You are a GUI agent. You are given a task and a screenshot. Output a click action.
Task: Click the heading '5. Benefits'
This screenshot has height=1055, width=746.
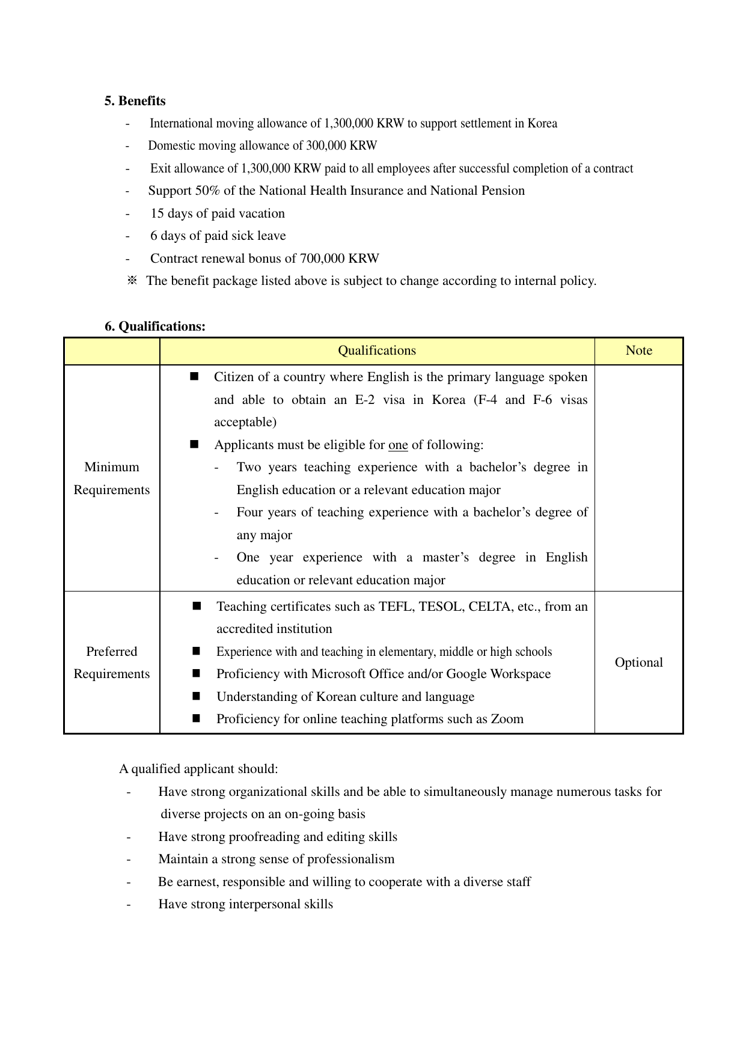tap(135, 101)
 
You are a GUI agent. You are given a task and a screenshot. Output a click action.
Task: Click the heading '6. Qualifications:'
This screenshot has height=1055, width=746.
tap(154, 326)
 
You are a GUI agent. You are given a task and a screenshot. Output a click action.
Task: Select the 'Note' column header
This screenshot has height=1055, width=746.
tap(638, 351)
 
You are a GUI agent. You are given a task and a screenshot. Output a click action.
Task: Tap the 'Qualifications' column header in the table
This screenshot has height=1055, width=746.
tap(377, 351)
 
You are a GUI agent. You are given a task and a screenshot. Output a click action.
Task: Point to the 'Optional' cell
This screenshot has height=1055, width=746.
tap(638, 662)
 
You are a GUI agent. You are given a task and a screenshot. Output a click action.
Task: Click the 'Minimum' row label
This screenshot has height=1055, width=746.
tap(112, 467)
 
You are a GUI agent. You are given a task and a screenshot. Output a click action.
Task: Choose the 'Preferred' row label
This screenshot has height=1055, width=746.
tap(112, 652)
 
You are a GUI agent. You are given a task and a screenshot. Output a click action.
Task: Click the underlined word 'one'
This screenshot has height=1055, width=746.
tap(398, 445)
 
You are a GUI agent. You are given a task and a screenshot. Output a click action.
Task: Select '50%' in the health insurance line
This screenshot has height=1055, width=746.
tap(207, 191)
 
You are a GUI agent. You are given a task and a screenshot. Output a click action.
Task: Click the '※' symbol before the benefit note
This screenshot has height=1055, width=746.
tap(132, 281)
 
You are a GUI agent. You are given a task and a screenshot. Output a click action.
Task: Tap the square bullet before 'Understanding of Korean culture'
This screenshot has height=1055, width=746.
tap(196, 696)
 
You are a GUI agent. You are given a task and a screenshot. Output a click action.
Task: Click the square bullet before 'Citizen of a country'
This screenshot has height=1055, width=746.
tap(194, 376)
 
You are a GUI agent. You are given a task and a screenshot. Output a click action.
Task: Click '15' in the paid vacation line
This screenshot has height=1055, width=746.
tap(157, 213)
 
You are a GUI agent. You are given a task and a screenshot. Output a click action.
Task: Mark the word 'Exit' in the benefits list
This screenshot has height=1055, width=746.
tap(161, 169)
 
